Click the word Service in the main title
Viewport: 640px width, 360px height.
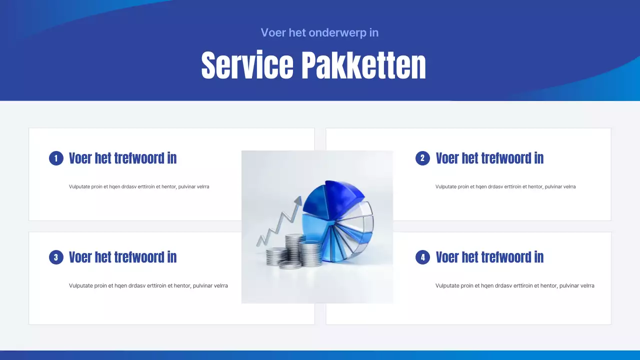coord(247,65)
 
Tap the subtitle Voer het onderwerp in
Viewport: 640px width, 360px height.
coord(319,32)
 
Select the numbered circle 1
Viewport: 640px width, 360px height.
coord(56,158)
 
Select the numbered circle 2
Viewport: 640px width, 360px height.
coord(422,158)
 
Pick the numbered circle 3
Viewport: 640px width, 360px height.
coord(56,257)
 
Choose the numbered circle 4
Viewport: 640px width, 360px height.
coord(422,257)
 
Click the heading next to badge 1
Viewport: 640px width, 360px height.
coord(122,158)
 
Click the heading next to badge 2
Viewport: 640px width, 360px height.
coord(489,158)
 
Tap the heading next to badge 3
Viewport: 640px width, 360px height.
coord(122,257)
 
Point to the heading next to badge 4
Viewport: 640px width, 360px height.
coord(489,257)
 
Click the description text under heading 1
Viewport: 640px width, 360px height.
coord(139,186)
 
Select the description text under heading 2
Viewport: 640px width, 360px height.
coord(505,186)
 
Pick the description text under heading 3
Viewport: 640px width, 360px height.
coord(148,286)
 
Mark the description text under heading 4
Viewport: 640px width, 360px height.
coord(514,286)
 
